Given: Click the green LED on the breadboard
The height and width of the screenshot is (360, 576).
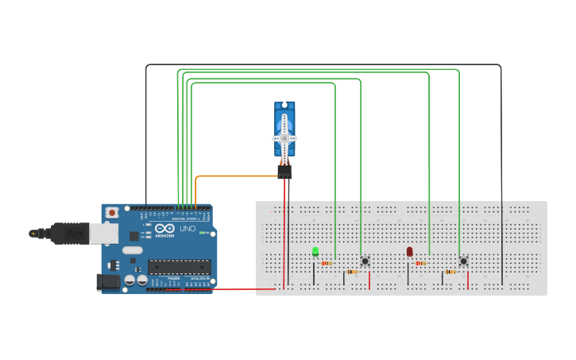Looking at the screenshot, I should click(x=315, y=252).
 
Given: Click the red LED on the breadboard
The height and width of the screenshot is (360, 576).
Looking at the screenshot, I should click(x=409, y=252).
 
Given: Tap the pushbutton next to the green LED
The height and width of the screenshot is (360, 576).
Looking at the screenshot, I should click(x=365, y=261).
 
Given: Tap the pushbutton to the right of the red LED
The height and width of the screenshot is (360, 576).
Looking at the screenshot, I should click(x=463, y=261).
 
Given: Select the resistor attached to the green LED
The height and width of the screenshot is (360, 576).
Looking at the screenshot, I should click(x=326, y=263).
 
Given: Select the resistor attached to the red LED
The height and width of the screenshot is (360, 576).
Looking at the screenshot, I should click(x=420, y=263).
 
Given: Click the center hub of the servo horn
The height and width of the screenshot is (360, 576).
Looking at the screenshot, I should click(x=284, y=138).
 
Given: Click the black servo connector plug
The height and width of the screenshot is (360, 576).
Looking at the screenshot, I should click(x=284, y=171).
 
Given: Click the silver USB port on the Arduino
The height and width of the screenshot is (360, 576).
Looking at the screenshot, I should click(x=101, y=233).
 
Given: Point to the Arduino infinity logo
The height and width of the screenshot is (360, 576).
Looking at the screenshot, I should click(x=164, y=229).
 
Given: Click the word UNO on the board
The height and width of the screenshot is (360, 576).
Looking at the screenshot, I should click(x=187, y=229).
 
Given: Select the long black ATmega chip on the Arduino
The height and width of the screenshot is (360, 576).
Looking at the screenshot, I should click(x=179, y=267).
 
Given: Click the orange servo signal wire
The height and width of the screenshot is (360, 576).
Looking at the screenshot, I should click(x=230, y=176).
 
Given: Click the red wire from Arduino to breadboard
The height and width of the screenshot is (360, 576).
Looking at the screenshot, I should click(x=238, y=289).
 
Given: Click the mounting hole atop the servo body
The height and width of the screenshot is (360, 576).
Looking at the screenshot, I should click(x=284, y=105).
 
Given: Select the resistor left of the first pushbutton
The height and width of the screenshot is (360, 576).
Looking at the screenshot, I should click(x=353, y=272).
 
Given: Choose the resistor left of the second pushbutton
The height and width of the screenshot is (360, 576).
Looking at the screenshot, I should click(x=450, y=272).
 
